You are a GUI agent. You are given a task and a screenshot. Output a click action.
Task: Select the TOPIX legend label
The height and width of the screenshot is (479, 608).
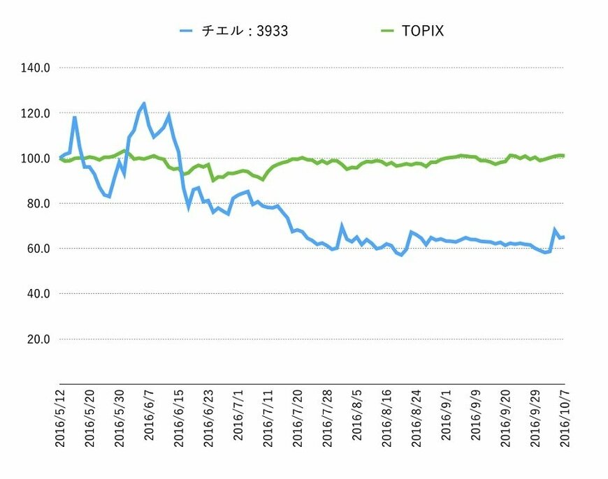(x=424, y=31)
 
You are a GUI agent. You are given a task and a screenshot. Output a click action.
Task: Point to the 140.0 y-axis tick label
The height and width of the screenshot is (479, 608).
(x=36, y=68)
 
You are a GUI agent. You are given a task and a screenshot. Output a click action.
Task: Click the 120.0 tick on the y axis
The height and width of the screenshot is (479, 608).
(x=36, y=113)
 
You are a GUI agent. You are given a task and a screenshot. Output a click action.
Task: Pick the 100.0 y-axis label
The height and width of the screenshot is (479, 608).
(x=36, y=159)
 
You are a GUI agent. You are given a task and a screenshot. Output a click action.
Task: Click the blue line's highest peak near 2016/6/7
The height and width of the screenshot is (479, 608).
(x=144, y=103)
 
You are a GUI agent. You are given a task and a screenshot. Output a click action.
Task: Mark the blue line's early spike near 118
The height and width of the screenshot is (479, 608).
(x=75, y=117)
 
